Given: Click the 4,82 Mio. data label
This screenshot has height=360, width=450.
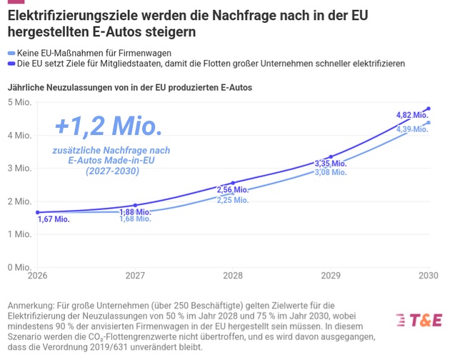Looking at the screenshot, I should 412,115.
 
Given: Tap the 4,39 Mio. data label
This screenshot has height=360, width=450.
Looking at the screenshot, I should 412,129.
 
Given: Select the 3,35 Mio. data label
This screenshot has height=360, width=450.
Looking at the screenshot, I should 331,164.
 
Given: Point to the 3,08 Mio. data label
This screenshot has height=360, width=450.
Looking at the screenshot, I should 331,173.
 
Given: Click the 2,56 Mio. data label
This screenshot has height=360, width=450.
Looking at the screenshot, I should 233,189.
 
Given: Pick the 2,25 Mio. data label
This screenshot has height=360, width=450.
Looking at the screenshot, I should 233,200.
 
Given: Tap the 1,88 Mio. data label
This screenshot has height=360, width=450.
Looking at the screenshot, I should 135,211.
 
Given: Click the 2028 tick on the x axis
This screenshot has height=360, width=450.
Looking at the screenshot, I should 233,276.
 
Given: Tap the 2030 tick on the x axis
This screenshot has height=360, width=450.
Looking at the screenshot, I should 428,276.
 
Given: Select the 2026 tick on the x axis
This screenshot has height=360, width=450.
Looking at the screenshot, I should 38,276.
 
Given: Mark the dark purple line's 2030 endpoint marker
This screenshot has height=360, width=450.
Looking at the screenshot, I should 429,109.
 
